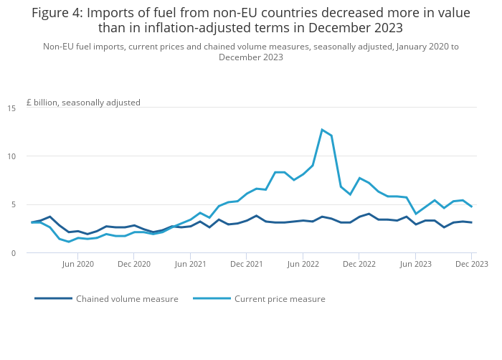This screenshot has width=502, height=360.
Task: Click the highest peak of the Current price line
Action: click(322, 130)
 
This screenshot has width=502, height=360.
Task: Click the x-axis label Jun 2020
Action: click(78, 264)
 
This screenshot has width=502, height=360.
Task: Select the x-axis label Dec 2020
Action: click(134, 264)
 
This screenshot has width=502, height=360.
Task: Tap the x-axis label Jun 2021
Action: click(190, 264)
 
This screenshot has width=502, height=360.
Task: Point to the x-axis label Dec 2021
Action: click(246, 264)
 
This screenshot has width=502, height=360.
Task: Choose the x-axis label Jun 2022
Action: click(303, 264)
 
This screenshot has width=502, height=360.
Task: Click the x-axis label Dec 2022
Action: click(359, 264)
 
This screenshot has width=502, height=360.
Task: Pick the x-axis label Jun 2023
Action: click(415, 264)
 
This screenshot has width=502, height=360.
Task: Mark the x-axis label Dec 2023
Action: click(471, 264)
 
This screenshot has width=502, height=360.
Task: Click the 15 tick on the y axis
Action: click(11, 108)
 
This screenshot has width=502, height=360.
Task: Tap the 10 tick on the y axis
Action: click(11, 156)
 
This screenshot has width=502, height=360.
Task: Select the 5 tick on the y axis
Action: click(13, 204)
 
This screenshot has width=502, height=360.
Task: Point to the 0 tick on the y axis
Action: click(13, 253)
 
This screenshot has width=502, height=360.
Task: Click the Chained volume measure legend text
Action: click(127, 299)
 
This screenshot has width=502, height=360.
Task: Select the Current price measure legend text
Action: click(280, 299)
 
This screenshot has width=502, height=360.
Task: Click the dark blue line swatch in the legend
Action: click(53, 298)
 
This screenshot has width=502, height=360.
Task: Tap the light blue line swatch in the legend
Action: click(212, 298)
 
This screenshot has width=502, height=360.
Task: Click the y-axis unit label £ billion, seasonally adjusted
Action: click(83, 103)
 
